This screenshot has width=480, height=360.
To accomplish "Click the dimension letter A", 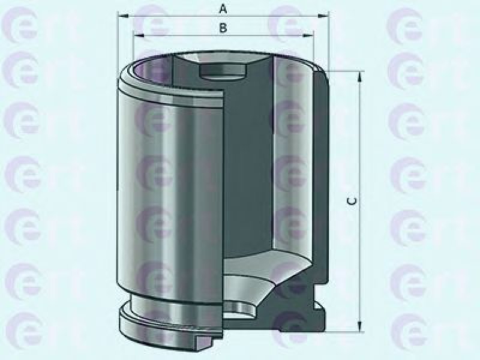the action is tap(223, 9).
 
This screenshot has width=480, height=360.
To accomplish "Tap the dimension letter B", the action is tap(223, 28).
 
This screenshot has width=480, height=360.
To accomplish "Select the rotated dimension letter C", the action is tap(352, 201).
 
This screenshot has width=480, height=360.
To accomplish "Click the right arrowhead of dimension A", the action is tap(323, 16).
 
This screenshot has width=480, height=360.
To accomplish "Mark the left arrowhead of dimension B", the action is tap(139, 35).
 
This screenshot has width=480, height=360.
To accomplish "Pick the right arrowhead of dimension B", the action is tap(308, 35).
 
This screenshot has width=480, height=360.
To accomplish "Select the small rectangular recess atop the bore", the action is tap(223, 72).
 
